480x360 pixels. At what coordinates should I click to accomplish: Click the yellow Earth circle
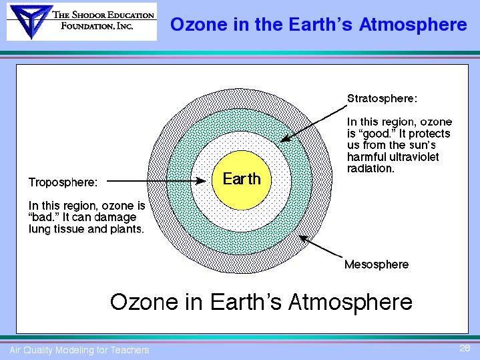click(242, 180)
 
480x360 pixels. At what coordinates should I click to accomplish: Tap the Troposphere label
click(63, 182)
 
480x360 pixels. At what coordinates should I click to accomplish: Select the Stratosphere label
click(382, 98)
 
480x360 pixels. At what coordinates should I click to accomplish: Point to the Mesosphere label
click(377, 264)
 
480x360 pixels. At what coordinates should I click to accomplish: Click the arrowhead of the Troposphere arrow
click(201, 181)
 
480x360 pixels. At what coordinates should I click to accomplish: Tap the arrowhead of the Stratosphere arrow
click(285, 138)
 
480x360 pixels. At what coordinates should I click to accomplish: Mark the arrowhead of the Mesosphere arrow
click(303, 238)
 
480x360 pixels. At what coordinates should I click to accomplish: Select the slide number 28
click(465, 348)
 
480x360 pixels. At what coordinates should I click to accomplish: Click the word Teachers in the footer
click(130, 350)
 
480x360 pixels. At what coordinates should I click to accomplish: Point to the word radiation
click(370, 168)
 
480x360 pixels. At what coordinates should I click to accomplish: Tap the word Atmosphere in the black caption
click(350, 302)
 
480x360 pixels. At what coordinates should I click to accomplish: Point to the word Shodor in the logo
click(89, 15)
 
